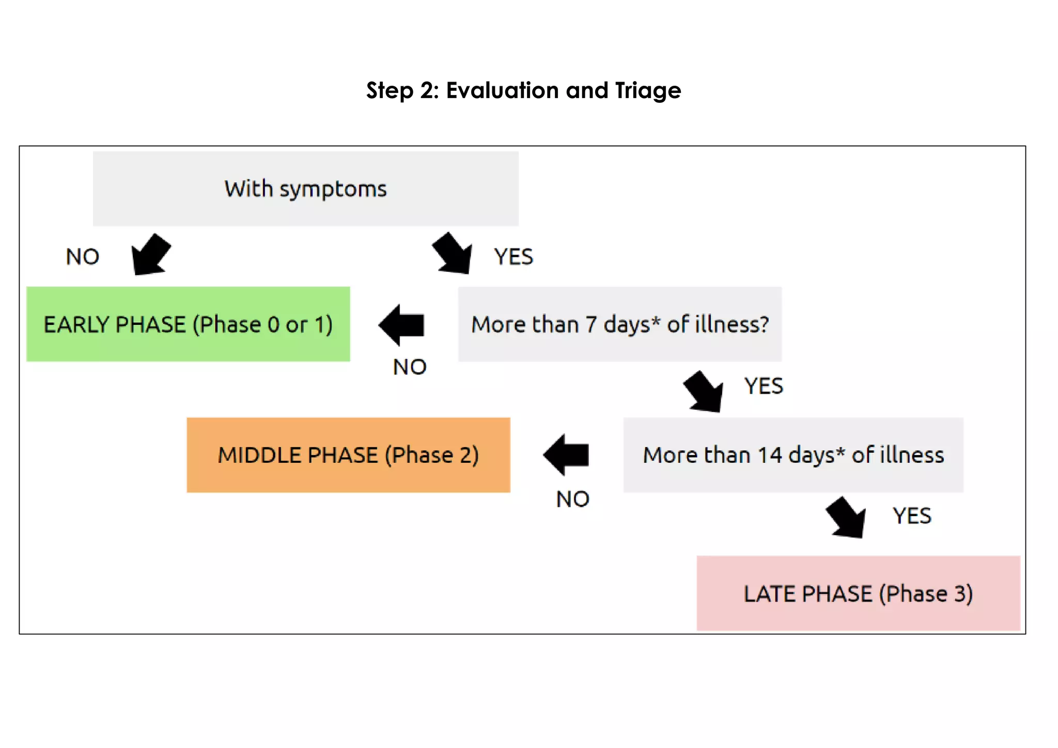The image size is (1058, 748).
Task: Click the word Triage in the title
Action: [648, 91]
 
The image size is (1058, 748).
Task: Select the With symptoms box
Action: [305, 189]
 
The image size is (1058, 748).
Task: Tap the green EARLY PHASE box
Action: [188, 324]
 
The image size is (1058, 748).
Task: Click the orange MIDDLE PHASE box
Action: [348, 455]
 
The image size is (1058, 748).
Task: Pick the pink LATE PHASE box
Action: [858, 593]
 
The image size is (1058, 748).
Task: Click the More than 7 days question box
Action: [619, 324]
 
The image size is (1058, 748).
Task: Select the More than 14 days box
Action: [793, 455]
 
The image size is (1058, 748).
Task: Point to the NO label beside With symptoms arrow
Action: [83, 257]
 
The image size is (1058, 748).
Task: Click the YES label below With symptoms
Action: [514, 257]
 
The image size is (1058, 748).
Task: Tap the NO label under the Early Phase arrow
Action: [410, 367]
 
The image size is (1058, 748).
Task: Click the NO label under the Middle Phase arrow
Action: [572, 499]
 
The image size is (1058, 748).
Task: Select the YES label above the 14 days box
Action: [764, 386]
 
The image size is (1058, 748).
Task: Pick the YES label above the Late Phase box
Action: [912, 516]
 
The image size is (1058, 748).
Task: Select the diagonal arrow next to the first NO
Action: [150, 255]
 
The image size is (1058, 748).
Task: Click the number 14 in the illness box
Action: [770, 455]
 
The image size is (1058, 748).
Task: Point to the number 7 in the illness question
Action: [591, 324]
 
